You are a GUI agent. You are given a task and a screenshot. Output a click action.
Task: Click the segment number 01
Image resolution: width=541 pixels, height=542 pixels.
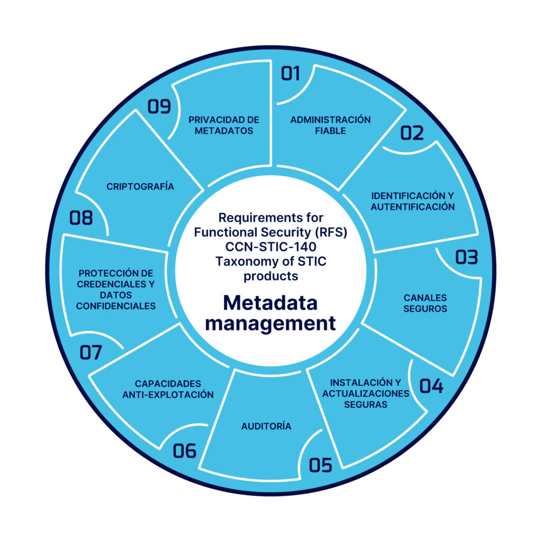291,73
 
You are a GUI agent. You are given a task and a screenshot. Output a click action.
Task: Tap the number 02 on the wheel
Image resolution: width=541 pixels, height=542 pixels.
412,133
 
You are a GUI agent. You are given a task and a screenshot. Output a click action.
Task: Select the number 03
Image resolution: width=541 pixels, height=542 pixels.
466,258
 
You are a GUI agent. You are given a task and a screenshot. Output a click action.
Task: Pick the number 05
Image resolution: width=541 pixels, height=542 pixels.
321,465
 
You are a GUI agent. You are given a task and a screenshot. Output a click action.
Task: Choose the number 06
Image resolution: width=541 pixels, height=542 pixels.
185,451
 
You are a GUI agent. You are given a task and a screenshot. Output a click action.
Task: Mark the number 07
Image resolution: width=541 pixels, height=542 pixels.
91,353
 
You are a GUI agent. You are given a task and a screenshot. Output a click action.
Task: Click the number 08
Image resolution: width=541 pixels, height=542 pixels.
81,218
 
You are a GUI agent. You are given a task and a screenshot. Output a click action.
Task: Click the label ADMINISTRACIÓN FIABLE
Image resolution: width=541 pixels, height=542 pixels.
330,125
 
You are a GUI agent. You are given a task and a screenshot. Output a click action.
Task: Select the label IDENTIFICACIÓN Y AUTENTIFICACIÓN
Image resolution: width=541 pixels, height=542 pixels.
412,201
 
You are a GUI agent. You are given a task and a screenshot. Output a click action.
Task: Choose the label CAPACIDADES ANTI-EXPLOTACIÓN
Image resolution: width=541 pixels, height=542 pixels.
168,389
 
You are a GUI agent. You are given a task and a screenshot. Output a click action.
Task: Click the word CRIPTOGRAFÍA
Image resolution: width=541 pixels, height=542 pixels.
140,186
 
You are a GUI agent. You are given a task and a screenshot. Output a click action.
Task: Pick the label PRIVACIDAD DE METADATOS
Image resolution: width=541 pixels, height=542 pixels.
223,125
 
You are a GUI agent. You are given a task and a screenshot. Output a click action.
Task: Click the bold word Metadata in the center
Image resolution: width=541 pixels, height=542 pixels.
270,303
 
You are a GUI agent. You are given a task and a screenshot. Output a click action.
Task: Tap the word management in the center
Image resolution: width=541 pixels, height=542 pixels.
270,322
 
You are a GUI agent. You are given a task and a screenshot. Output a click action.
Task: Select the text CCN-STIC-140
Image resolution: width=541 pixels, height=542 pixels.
270,247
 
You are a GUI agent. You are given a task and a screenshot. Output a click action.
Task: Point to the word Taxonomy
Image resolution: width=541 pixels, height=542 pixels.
239,261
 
